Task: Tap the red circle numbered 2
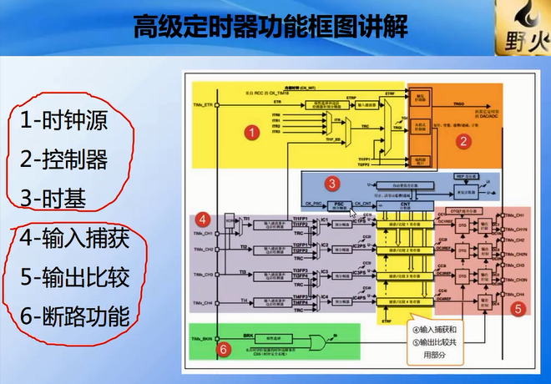coord(462,140)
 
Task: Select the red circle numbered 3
coord(332,183)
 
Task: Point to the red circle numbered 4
coord(202,220)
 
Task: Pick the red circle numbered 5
coord(517,309)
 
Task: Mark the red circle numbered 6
coord(223,350)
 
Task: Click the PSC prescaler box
coord(339,205)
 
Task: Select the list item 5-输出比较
coord(75,277)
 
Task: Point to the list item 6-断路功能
coord(75,316)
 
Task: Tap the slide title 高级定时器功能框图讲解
coord(270,27)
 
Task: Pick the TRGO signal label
coord(458,104)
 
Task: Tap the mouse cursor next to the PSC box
coord(354,215)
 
